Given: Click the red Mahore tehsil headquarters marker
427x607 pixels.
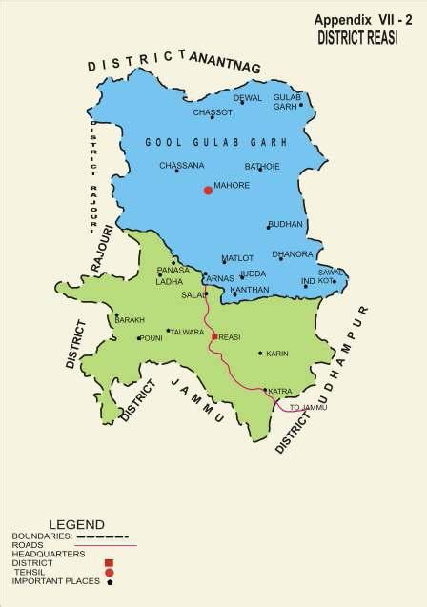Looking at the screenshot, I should (x=208, y=191).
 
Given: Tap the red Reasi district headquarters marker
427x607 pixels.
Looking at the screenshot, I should (x=214, y=336).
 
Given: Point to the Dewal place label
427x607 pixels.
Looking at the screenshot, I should (x=247, y=97).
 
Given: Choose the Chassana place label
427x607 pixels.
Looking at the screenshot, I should (x=182, y=166).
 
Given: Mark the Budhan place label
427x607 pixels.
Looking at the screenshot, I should (x=286, y=223).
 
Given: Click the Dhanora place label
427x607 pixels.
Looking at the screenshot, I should (x=292, y=254).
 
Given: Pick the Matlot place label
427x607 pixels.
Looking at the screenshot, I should (x=236, y=258).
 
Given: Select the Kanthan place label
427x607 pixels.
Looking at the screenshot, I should (x=250, y=289).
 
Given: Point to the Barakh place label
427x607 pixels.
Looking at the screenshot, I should (x=130, y=320).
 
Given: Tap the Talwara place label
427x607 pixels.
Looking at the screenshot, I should (x=187, y=332).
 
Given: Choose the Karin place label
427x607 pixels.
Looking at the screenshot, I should (x=277, y=354).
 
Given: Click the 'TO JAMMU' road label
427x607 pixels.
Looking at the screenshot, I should (x=308, y=407).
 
